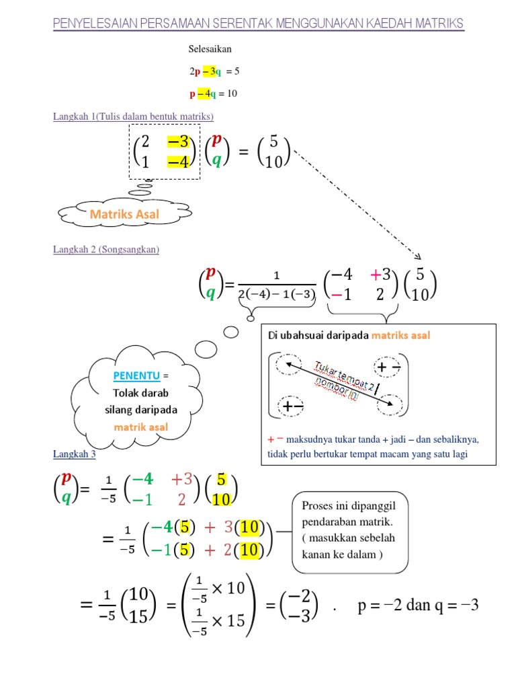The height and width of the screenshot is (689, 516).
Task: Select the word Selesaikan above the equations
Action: click(x=210, y=49)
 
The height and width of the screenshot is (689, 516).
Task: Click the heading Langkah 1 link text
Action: click(x=133, y=117)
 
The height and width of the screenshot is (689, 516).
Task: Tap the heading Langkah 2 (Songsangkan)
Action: click(x=106, y=250)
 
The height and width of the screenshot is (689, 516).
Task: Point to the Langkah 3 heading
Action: click(x=75, y=455)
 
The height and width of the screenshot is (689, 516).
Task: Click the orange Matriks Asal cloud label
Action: click(x=124, y=214)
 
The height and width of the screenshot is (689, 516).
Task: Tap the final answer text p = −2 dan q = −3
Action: click(x=418, y=605)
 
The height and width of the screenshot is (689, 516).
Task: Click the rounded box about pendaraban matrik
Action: click(x=349, y=532)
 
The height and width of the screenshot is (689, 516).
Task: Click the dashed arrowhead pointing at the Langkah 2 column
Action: click(x=418, y=257)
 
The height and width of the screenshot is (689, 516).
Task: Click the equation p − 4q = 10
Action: click(x=213, y=94)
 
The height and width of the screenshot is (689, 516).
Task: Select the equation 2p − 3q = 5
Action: click(x=214, y=71)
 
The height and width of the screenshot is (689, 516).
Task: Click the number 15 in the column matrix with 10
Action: click(x=138, y=615)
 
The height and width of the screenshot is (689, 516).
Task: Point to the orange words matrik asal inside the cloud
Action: click(x=140, y=427)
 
